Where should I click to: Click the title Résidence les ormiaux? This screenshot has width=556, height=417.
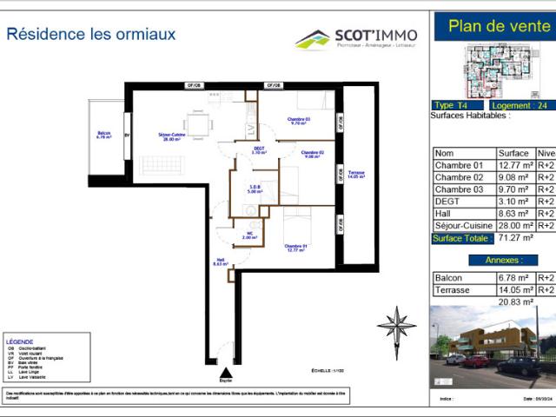(x=91, y=35)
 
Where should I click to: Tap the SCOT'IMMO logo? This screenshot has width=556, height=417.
(x=356, y=38)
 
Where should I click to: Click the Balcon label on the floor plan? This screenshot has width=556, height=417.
(x=104, y=135)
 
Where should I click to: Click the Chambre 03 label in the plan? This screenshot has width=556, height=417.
(x=299, y=121)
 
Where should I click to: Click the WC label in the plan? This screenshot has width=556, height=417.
(x=248, y=235)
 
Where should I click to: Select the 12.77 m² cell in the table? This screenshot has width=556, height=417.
(x=514, y=165)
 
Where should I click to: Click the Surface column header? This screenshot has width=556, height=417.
(x=513, y=151)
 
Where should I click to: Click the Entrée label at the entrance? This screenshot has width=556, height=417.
(x=226, y=381)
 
